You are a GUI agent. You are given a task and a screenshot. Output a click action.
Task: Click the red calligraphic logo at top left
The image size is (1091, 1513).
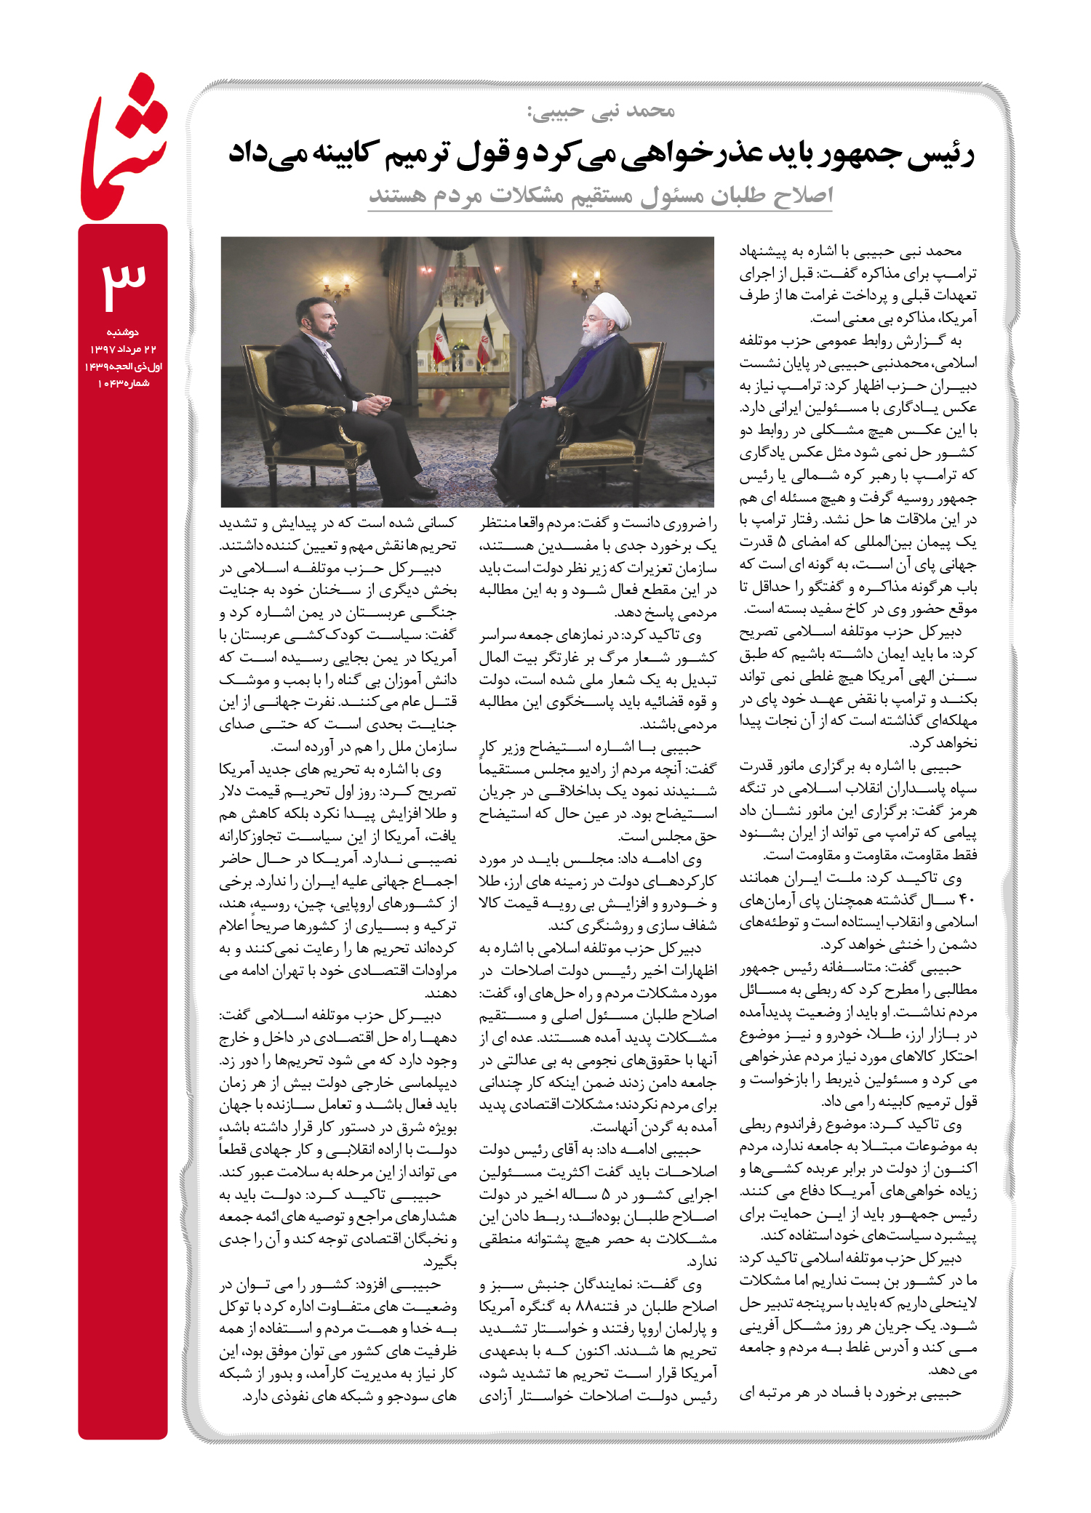(124, 145)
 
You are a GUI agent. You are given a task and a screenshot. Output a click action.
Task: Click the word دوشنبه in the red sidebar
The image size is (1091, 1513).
(123, 332)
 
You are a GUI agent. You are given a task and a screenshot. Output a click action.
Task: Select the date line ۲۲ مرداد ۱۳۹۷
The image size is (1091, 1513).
(123, 350)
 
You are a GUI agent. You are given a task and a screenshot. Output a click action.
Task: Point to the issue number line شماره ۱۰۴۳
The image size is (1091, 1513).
(123, 383)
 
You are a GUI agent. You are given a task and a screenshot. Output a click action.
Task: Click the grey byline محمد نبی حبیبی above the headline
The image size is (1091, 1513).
(602, 111)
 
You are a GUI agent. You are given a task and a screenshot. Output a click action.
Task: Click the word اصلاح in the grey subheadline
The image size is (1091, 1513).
(800, 195)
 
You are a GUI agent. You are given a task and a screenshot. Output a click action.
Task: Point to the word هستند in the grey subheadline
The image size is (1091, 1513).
(397, 195)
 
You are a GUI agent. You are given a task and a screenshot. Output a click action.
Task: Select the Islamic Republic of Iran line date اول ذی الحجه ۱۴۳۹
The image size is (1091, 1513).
(123, 366)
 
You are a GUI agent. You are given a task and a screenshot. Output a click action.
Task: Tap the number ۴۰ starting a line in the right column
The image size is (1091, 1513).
(967, 900)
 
